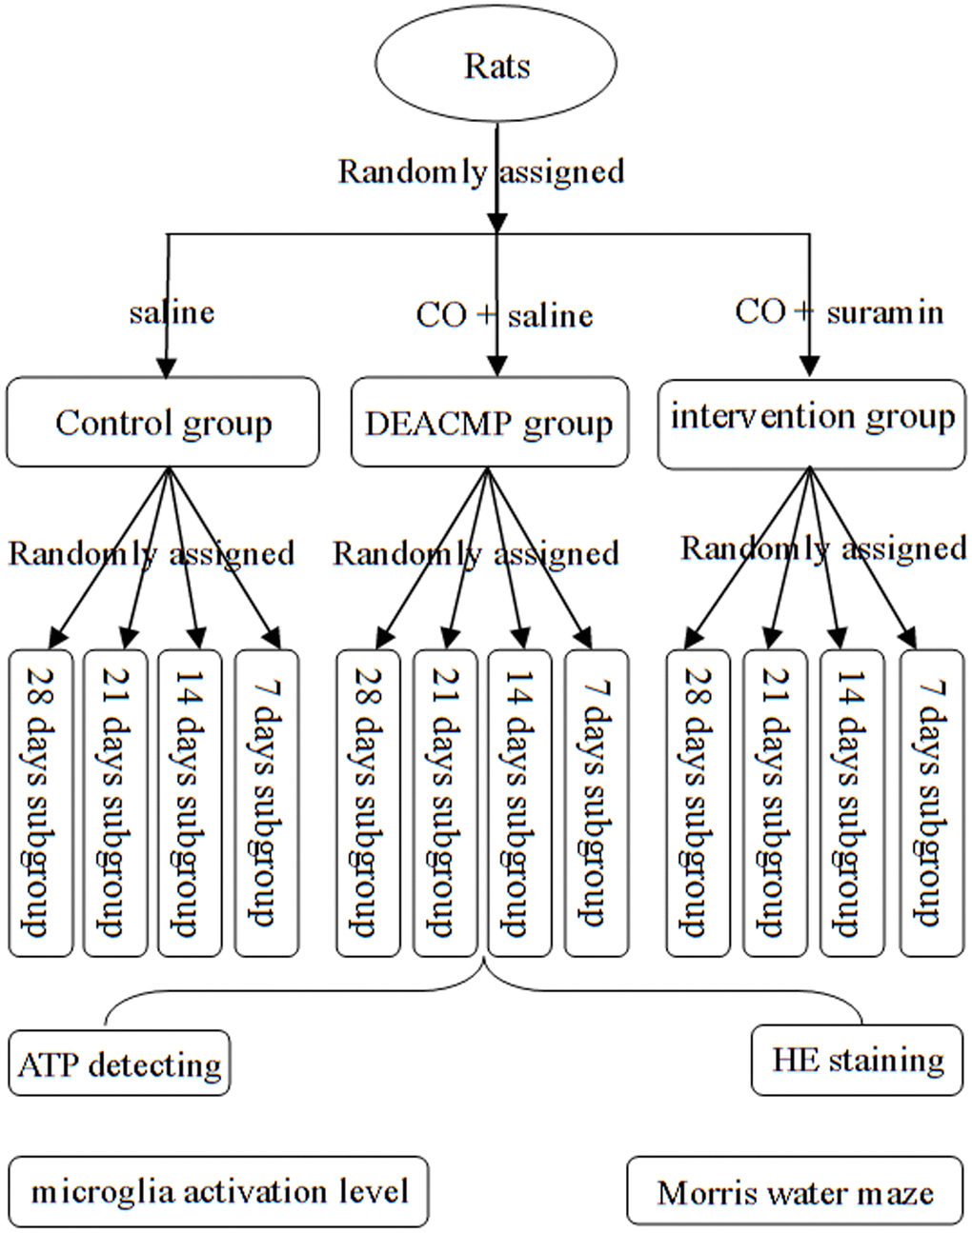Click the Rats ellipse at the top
pos(496,65)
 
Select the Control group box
pos(163,423)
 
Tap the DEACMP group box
pos(489,423)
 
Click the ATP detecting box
pos(119,1063)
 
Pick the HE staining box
pos(857,1060)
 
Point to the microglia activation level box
pos(219,1191)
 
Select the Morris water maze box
pos(795,1191)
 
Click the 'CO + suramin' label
pos(840,311)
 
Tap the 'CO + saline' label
pos(504,314)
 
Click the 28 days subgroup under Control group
pos(41,803)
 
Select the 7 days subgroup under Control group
pos(266,803)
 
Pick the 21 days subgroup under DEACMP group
pos(445,803)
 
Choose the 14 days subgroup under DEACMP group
pos(519,803)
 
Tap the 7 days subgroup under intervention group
pos(931,803)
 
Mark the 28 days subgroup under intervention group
pos(698,803)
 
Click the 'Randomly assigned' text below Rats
pos(481,171)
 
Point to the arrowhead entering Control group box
pos(168,368)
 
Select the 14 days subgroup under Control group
pos(189,803)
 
